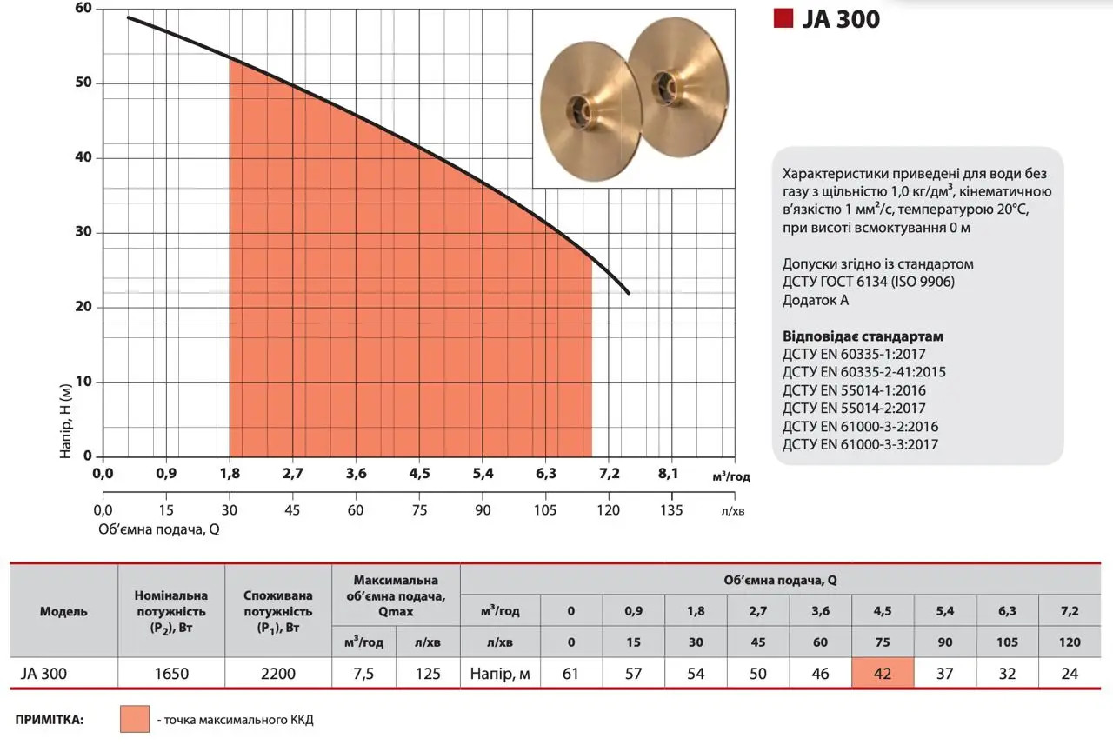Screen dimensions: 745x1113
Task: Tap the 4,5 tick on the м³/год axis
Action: coord(419,474)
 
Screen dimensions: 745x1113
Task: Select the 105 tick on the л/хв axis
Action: coord(545,509)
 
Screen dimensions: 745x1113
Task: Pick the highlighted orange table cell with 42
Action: coord(883,673)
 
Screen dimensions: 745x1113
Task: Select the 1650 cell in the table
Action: coord(171,673)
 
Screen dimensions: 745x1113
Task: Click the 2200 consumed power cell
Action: coord(278,673)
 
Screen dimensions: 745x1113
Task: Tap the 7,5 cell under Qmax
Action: coord(363,673)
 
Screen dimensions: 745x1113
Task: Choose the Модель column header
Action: coord(63,611)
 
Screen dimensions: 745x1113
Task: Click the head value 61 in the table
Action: coord(571,673)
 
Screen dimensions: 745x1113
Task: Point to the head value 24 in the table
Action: coord(1070,673)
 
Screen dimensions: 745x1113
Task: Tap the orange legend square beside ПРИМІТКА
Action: coord(135,720)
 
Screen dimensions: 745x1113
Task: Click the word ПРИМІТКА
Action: coord(50,720)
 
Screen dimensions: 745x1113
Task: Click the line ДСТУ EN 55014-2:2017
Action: coord(854,408)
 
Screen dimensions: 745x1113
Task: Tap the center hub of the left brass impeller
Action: coord(578,109)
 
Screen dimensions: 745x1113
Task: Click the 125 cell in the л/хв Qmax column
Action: coord(428,673)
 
